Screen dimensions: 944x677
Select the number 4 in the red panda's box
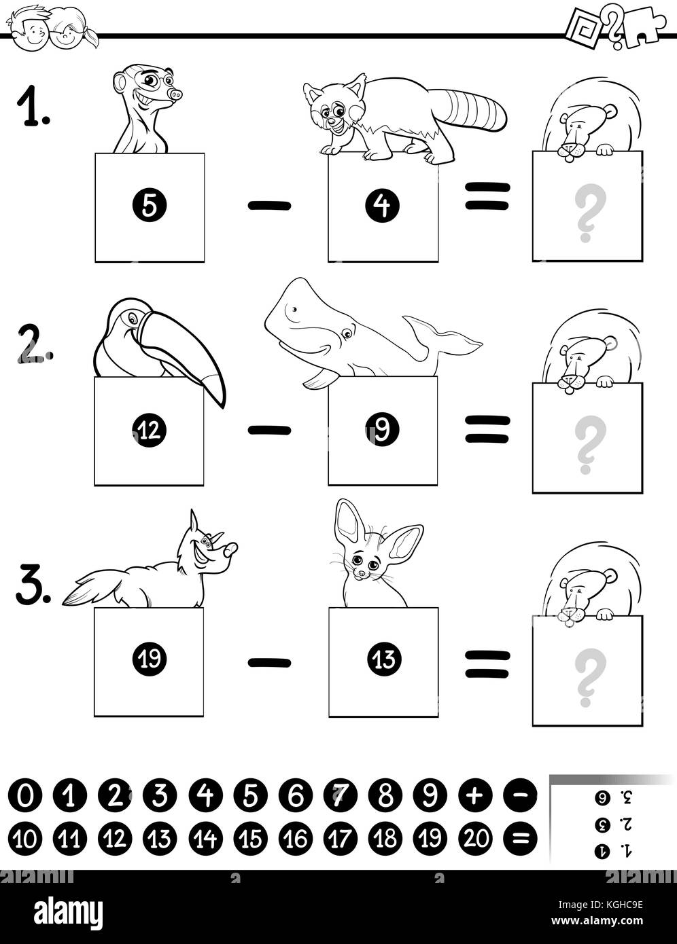(x=383, y=206)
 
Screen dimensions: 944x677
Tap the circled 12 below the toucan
(x=149, y=429)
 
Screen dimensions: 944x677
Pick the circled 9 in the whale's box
(x=382, y=429)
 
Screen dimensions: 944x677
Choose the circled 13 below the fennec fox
(x=384, y=659)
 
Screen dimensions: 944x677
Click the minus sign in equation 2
(x=269, y=429)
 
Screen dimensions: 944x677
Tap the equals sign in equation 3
(x=487, y=663)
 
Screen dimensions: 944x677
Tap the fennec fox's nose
(x=361, y=575)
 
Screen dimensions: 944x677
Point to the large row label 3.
(x=33, y=586)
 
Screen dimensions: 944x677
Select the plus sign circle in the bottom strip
(x=475, y=795)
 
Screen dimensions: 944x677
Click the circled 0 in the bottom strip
(x=24, y=795)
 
